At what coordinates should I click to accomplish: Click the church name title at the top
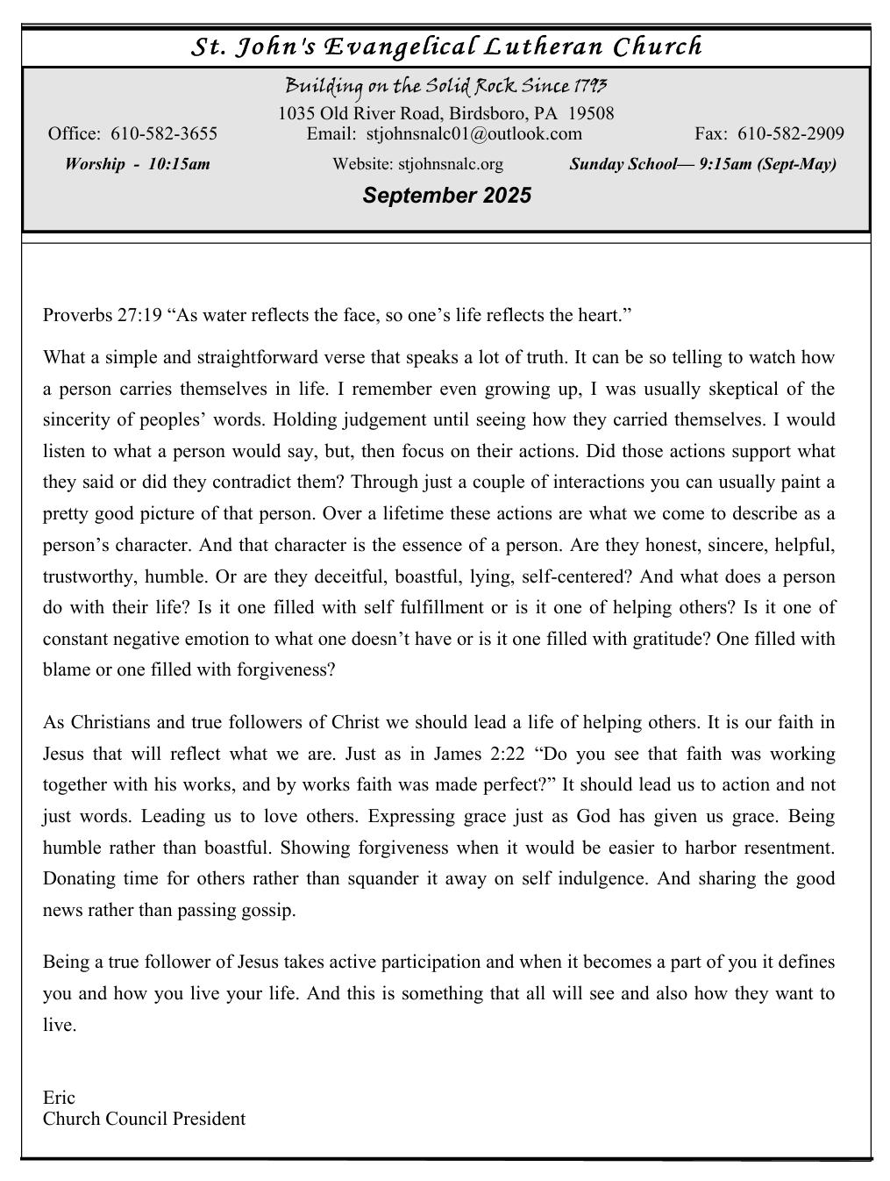[446, 47]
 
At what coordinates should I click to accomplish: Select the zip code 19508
[590, 113]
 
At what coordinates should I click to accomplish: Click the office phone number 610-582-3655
[165, 133]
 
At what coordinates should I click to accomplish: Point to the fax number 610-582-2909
[791, 133]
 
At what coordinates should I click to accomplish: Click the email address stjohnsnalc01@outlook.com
[473, 133]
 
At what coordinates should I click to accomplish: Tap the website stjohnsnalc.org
[451, 164]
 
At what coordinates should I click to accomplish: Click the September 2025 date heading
[446, 196]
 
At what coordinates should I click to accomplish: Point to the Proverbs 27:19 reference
[103, 315]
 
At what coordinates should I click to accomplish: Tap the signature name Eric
[59, 1098]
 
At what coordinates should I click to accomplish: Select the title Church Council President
[144, 1119]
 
